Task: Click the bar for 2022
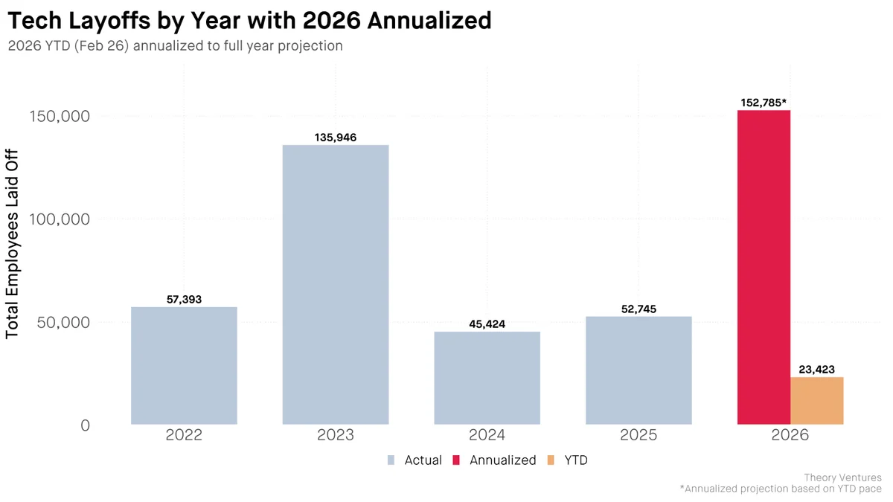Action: (184, 366)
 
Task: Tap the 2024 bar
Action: (487, 378)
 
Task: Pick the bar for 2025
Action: (638, 370)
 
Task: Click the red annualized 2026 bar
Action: (764, 268)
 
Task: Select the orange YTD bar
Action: (816, 401)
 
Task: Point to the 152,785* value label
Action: (764, 103)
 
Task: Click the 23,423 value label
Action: (816, 370)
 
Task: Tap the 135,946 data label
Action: (336, 138)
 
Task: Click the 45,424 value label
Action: (487, 324)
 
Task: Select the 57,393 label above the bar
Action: (184, 300)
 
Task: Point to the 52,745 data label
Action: (638, 309)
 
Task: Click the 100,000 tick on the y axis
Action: (59, 219)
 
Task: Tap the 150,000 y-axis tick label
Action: (59, 117)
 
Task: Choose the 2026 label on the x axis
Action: (790, 435)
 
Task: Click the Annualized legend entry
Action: (502, 460)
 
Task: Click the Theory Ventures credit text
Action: (842, 477)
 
